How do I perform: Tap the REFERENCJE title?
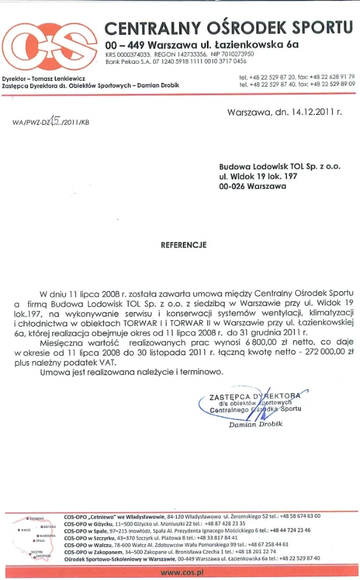tap(183, 245)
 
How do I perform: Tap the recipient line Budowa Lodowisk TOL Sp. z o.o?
tap(280, 166)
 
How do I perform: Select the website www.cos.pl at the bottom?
tap(180, 572)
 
